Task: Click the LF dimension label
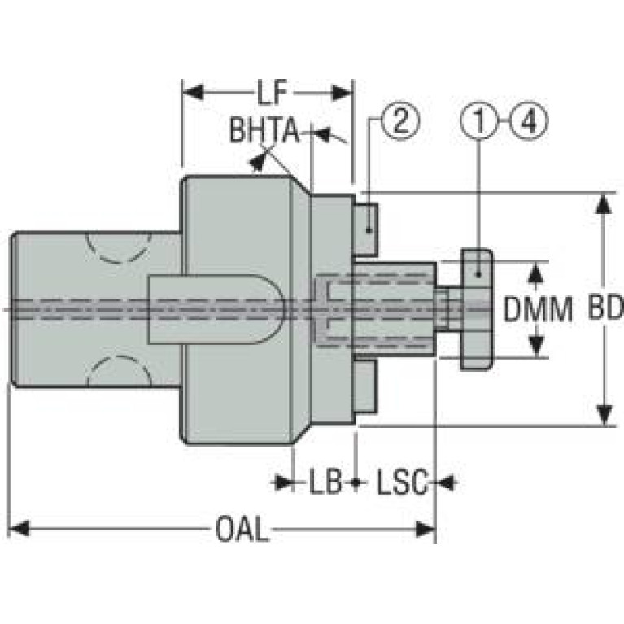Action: click(272, 93)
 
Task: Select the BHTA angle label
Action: click(264, 130)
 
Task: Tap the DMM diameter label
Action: click(538, 309)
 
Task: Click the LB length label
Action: click(325, 482)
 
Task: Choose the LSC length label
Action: click(403, 482)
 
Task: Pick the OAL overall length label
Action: click(242, 530)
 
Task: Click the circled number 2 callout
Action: click(400, 120)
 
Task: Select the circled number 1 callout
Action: click(479, 120)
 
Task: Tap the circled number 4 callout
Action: click(529, 120)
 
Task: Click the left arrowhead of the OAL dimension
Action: click(19, 530)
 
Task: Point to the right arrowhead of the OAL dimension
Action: click(425, 530)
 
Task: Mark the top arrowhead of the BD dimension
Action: click(605, 203)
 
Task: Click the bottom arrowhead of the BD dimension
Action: click(605, 415)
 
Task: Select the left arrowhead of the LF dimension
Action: click(194, 93)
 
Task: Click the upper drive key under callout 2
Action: click(365, 229)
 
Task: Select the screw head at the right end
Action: click(477, 309)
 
